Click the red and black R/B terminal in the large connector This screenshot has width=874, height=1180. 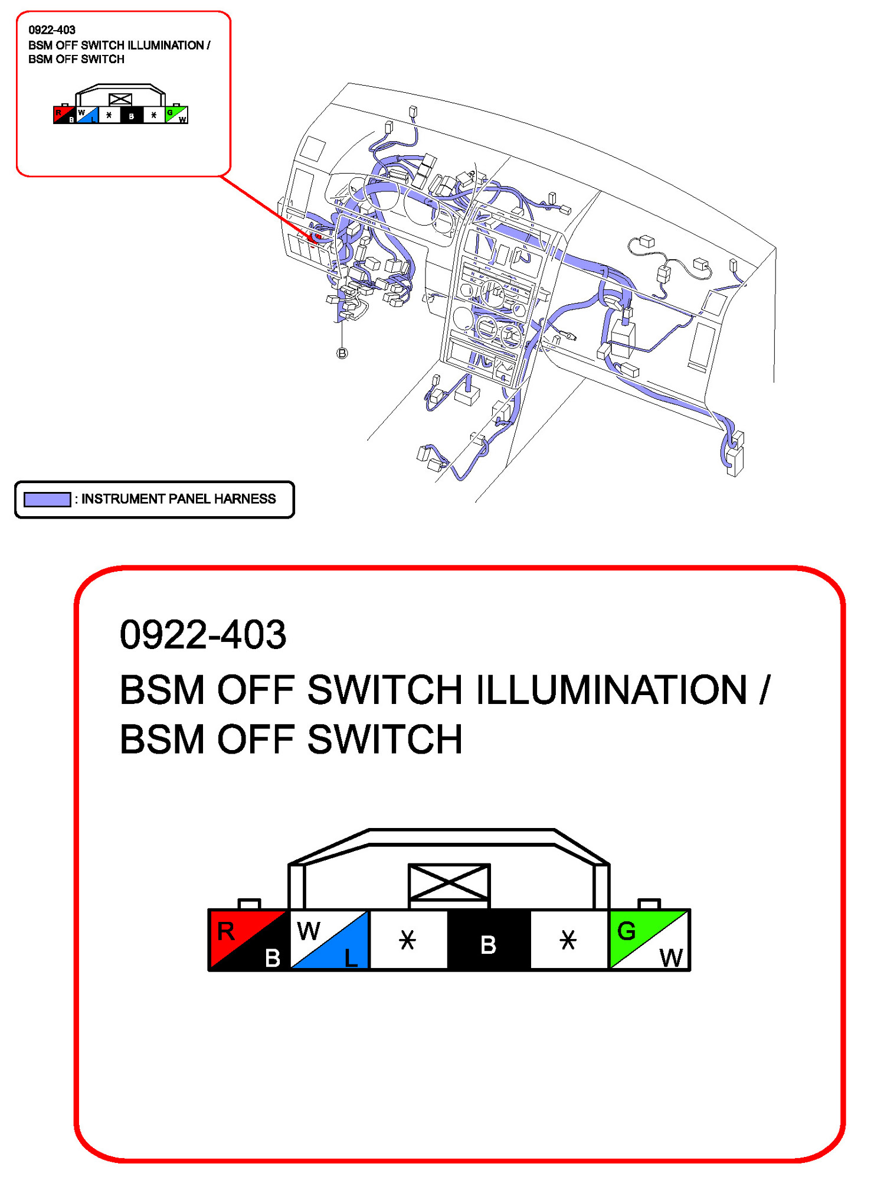point(248,940)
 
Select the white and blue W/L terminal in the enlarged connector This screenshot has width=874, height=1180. point(330,940)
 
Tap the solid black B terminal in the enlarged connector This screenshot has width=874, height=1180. point(489,940)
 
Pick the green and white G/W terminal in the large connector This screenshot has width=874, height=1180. point(649,940)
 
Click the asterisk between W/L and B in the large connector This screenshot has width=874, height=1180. point(408,940)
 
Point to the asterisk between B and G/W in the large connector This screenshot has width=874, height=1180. point(568,940)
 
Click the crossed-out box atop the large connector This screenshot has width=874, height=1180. point(449,882)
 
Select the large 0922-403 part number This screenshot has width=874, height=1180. point(202,635)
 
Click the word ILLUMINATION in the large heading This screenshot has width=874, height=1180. point(611,689)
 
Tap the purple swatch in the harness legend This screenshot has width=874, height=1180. point(47,500)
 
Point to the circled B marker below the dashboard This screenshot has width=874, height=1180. point(342,353)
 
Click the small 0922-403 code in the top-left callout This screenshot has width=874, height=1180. point(52,30)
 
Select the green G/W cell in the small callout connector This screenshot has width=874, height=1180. point(176,115)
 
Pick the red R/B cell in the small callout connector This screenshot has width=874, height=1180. point(64,115)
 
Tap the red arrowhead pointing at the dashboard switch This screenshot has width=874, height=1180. point(314,236)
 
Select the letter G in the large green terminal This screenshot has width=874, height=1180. point(626,931)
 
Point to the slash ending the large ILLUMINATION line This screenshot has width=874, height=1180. point(765,689)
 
